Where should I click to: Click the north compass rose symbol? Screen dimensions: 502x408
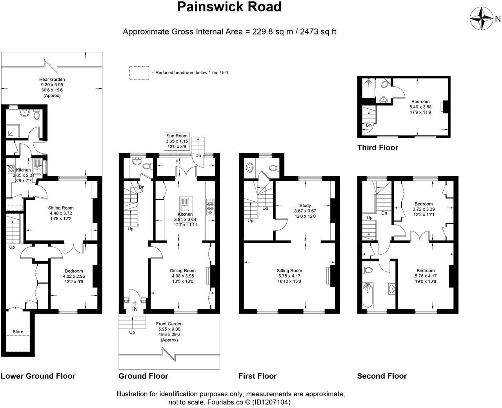[481, 18]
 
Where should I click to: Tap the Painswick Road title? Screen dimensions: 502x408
[229, 7]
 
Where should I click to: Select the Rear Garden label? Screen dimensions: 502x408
[52, 79]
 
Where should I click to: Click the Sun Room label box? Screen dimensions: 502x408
[177, 141]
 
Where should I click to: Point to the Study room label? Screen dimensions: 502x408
[305, 206]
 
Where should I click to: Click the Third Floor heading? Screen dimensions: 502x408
[378, 148]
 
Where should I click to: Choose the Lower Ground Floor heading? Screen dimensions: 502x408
[38, 376]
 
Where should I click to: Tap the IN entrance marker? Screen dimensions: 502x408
[135, 309]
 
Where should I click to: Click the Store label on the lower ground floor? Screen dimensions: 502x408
[18, 331]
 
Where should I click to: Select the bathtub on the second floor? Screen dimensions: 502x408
[367, 295]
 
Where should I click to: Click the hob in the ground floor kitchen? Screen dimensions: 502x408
[210, 207]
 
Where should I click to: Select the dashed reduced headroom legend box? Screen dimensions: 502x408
[139, 73]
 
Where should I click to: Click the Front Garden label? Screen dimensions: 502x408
[169, 324]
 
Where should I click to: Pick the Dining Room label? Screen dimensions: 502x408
[183, 271]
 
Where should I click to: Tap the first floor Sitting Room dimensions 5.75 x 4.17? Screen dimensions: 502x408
[289, 276]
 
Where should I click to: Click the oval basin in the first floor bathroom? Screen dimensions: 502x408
[249, 168]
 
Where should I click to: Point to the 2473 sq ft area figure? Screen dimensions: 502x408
[318, 32]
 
